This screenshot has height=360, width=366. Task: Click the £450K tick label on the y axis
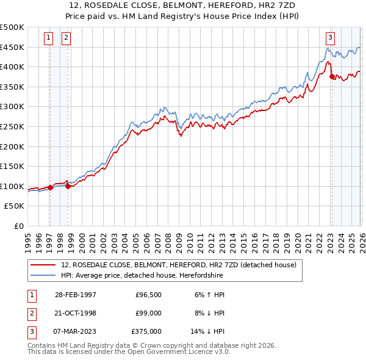click(x=12, y=47)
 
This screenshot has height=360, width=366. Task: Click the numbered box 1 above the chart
click(x=49, y=37)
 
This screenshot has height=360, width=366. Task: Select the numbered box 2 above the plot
click(x=66, y=37)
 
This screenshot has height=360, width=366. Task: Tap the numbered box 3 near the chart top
click(x=330, y=37)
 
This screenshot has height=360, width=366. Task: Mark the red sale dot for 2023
click(x=331, y=77)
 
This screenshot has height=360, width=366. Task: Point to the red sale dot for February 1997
click(x=50, y=188)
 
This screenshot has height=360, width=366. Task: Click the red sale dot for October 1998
click(x=68, y=187)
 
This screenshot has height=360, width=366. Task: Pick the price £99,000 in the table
click(x=148, y=313)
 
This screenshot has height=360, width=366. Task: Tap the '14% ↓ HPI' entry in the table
click(x=210, y=332)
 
